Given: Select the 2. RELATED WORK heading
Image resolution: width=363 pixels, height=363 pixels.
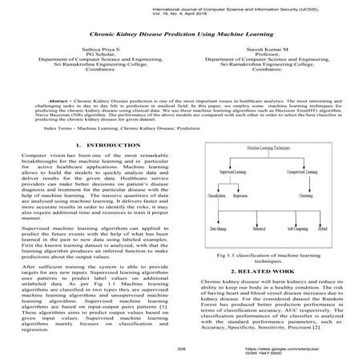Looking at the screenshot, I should point(268,272).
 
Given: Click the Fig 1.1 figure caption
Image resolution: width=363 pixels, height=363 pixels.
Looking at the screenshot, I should point(268,257).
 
